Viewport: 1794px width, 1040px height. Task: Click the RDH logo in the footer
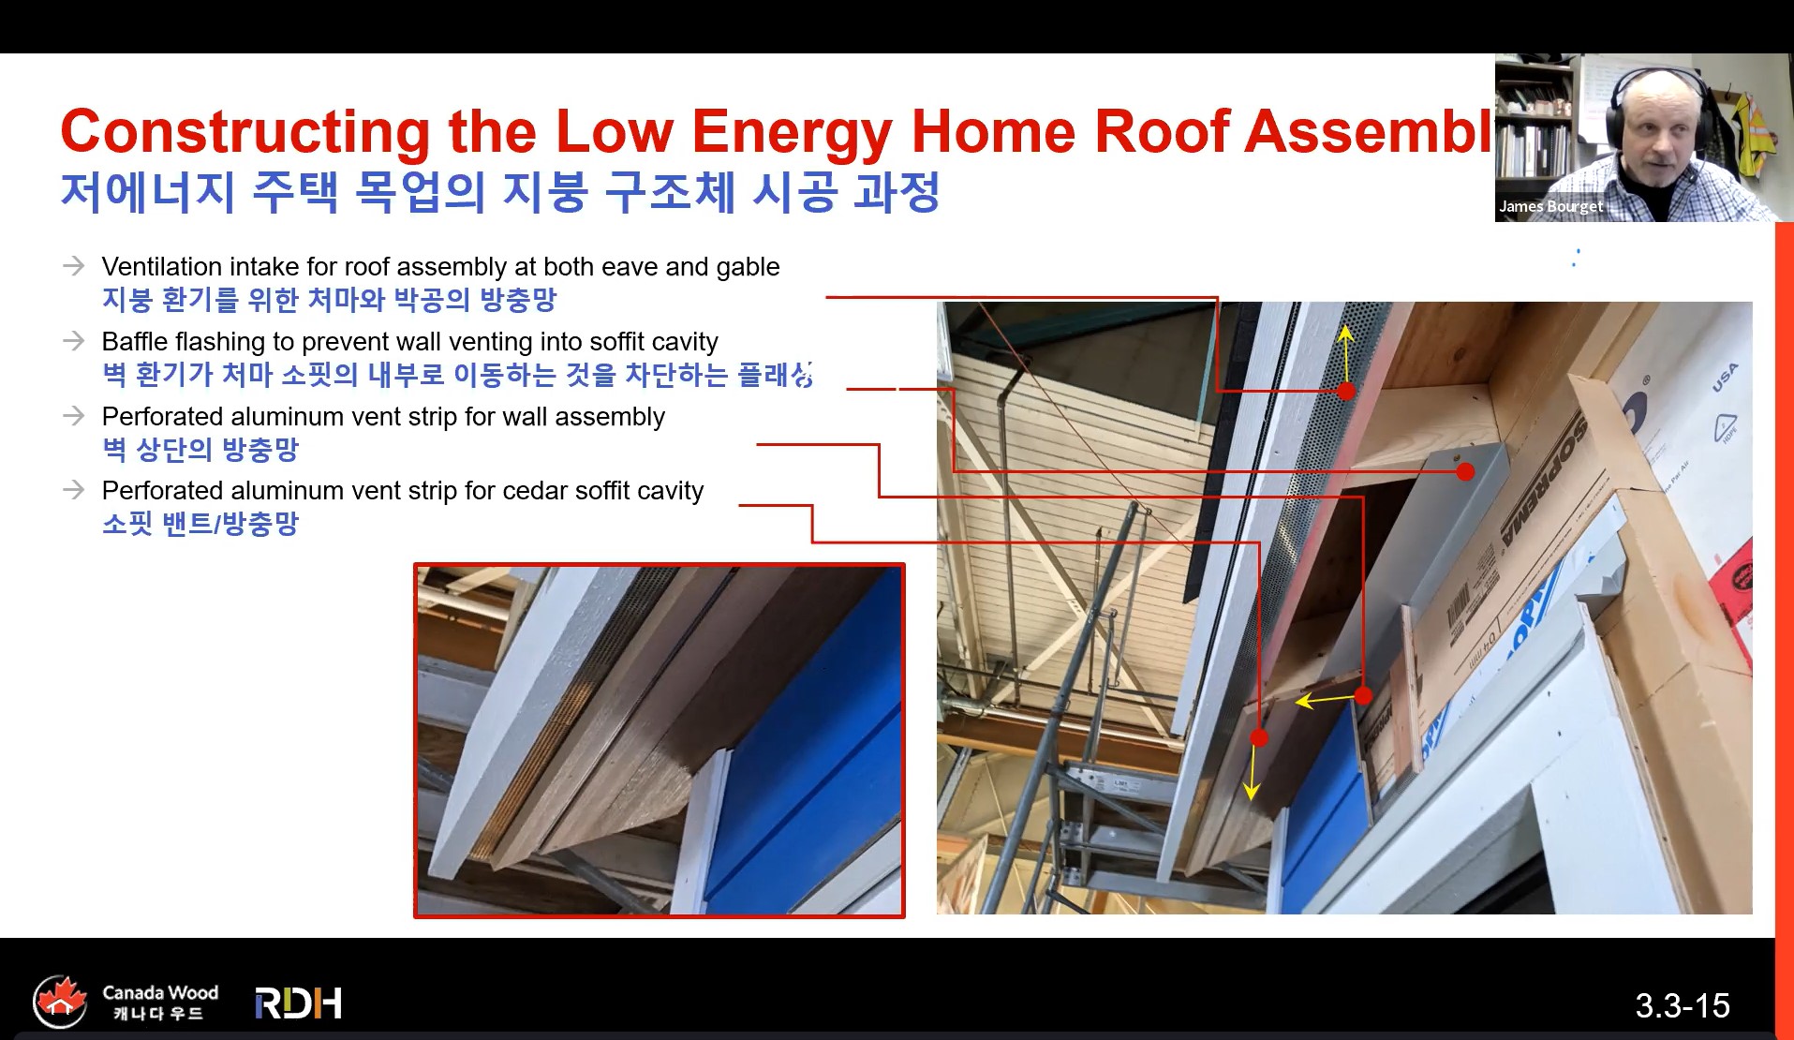coord(298,1003)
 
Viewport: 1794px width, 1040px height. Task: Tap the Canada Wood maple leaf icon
coord(60,1001)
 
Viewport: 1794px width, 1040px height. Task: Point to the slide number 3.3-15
coord(1682,1006)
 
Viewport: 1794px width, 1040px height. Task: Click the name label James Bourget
coord(1550,206)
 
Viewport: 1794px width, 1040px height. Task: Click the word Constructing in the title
coord(245,131)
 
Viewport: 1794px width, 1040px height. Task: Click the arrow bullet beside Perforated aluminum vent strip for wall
coord(73,415)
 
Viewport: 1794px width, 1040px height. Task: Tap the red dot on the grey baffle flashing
coord(1466,472)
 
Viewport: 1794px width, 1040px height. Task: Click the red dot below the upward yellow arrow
coord(1346,392)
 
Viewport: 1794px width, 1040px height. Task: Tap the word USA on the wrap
coord(1724,377)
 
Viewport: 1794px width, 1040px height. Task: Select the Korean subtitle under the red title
coord(499,192)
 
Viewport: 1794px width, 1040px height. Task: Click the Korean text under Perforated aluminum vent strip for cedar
coord(200,524)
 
